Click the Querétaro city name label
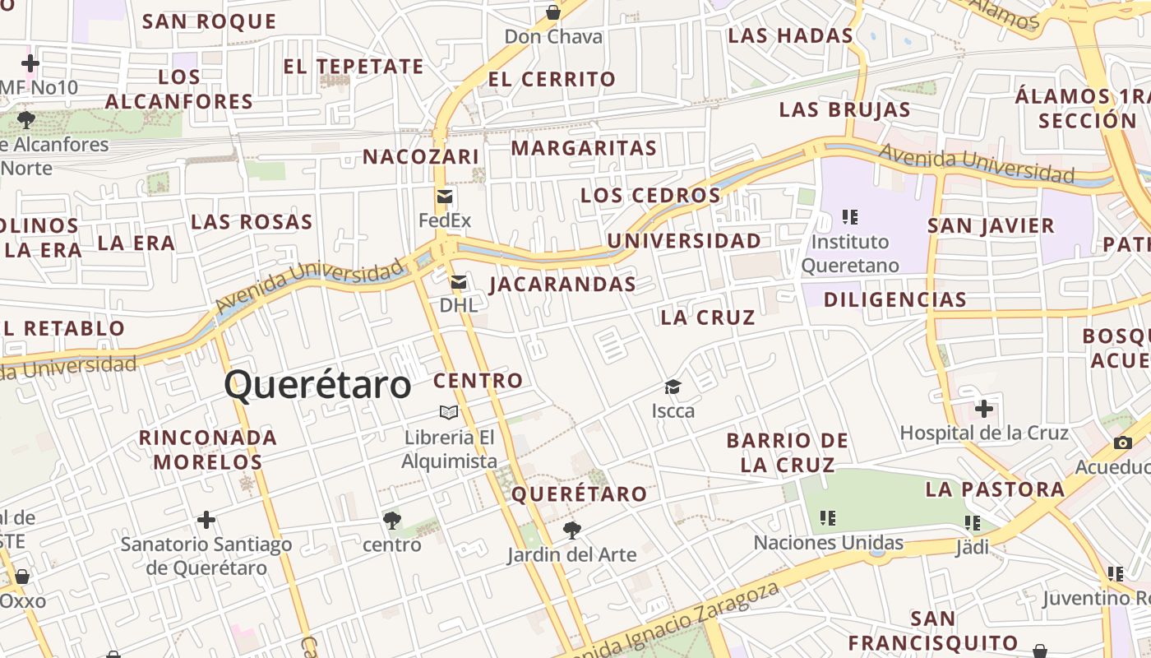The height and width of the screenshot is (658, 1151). pos(317,385)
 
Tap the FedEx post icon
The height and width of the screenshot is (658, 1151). pos(445,197)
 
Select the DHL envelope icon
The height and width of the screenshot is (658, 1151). pos(459,283)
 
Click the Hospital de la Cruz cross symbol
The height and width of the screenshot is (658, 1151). pos(984,408)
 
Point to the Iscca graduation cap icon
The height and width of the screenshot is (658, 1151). pos(673,387)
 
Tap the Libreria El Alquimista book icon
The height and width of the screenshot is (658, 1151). pos(449,412)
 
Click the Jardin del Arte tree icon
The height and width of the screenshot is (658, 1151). pos(571,531)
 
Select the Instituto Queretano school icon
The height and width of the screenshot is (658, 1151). pos(850,217)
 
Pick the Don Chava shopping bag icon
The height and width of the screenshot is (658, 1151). pos(553,12)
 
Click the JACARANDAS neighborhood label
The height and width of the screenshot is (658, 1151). pos(562,285)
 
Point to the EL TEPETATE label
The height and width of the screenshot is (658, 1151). pos(354,67)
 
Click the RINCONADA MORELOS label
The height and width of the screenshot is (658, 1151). pos(208,449)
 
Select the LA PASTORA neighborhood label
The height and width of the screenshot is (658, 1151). pos(995,489)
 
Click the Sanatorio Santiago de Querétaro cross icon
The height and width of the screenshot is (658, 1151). pos(206,520)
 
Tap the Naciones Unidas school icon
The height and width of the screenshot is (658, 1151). pos(828,518)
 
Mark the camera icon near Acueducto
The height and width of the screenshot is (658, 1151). pos(1122,443)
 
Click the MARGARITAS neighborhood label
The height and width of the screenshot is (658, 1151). pos(584,148)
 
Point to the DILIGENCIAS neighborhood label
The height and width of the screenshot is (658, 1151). pos(895,299)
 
